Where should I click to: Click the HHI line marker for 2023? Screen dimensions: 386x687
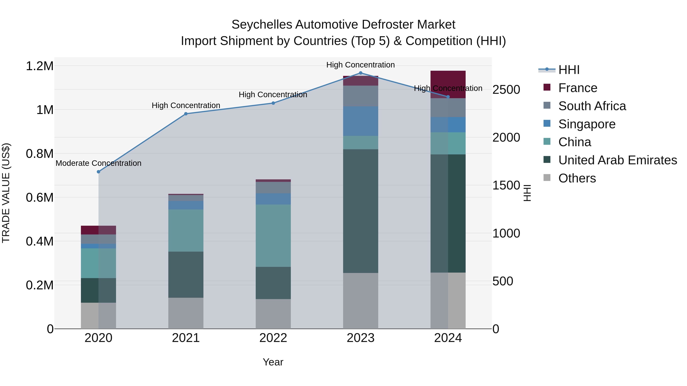pyautogui.click(x=360, y=73)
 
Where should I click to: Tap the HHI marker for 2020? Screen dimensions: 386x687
pyautogui.click(x=98, y=172)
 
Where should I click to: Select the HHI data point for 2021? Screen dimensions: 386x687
pyautogui.click(x=186, y=114)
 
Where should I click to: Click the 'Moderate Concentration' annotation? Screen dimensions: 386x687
pyautogui.click(x=98, y=163)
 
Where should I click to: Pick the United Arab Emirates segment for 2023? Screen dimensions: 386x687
pyautogui.click(x=360, y=211)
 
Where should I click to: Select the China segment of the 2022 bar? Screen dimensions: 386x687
pyautogui.click(x=273, y=236)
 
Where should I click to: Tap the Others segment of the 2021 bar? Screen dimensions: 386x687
pyautogui.click(x=186, y=313)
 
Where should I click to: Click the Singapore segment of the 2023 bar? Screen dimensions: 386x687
pyautogui.click(x=360, y=121)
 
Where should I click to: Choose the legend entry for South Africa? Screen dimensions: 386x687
pyautogui.click(x=592, y=106)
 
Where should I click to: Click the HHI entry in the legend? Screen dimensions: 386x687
pyautogui.click(x=569, y=70)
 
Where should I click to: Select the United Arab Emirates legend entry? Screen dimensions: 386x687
pyautogui.click(x=617, y=160)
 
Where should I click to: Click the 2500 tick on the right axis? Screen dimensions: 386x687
pyautogui.click(x=506, y=90)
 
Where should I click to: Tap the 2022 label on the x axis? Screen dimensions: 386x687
pyautogui.click(x=273, y=338)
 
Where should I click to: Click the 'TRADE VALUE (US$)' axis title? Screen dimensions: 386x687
pyautogui.click(x=6, y=193)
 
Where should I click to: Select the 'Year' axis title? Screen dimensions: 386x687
pyautogui.click(x=273, y=362)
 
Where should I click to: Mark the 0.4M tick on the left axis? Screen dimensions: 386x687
pyautogui.click(x=40, y=241)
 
